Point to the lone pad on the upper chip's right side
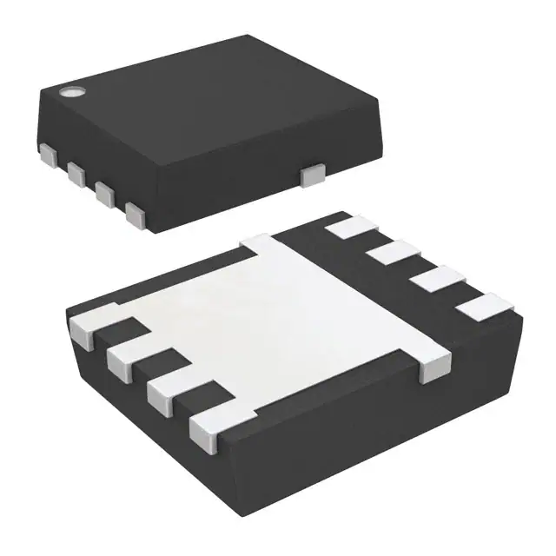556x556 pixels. coord(309,175)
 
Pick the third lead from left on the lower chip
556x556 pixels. coord(167,391)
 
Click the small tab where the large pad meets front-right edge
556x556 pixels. coord(432,367)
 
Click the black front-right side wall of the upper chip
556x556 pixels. coord(261,187)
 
